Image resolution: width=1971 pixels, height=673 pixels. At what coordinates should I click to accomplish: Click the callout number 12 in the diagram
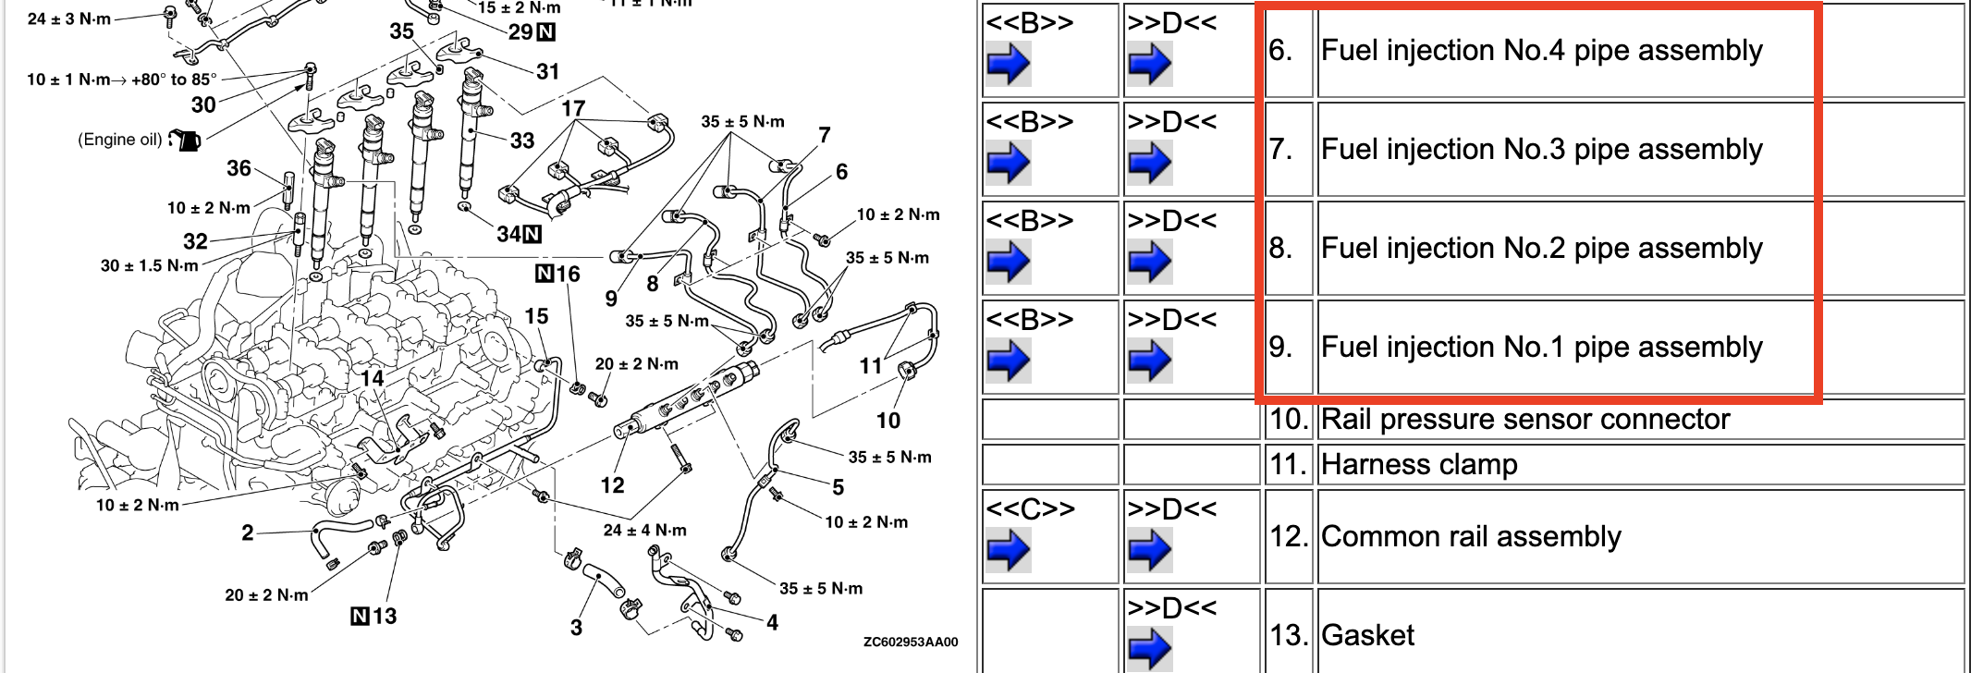(612, 485)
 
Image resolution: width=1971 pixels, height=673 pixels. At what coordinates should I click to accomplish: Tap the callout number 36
(239, 168)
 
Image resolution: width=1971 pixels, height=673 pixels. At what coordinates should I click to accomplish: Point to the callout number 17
(573, 108)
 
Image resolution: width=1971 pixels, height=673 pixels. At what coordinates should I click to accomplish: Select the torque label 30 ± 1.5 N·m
(150, 266)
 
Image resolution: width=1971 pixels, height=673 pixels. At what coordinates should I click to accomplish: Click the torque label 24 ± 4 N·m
(645, 531)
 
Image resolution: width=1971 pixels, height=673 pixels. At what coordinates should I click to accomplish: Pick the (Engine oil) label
(120, 140)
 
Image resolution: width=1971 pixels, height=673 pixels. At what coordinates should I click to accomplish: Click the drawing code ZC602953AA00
(911, 642)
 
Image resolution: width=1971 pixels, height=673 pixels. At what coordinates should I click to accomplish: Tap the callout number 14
(373, 378)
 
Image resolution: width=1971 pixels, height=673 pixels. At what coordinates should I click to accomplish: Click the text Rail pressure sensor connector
(1525, 420)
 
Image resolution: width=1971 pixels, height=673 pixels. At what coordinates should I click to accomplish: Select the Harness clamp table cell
(1641, 464)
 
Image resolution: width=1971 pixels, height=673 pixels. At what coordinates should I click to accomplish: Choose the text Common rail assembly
(1471, 537)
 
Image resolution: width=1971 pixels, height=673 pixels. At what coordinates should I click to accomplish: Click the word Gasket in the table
(1368, 635)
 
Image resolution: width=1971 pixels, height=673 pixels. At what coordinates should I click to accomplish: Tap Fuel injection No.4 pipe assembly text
(1542, 51)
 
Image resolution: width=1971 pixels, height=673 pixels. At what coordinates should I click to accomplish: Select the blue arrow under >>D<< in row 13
(1150, 649)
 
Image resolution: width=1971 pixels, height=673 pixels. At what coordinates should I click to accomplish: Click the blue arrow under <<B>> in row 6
(1008, 65)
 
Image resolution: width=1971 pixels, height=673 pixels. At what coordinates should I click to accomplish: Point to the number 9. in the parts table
(1280, 348)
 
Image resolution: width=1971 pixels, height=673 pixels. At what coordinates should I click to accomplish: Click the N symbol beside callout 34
(533, 234)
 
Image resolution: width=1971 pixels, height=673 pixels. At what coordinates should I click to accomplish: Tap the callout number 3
(576, 628)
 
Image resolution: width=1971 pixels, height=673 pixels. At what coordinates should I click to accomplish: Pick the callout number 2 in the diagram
(248, 532)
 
